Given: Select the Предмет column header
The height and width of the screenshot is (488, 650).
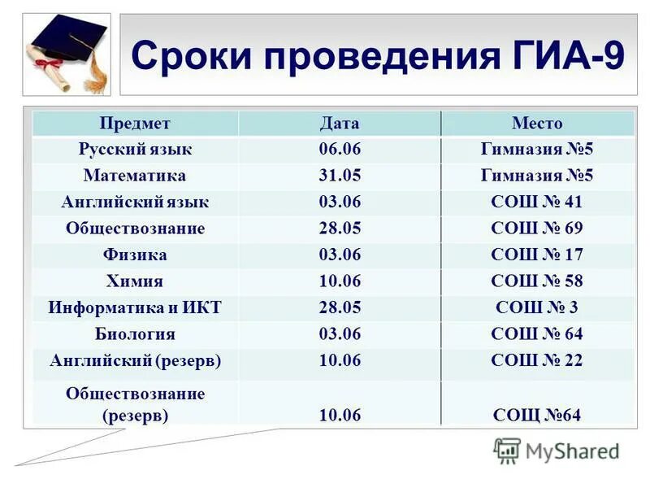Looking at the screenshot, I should coord(135,124).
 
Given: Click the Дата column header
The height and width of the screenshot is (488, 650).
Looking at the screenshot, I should coord(340,124).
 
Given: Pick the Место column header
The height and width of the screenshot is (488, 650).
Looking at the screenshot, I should coord(537,124).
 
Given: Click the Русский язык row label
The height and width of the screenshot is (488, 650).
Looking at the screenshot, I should coord(135,150).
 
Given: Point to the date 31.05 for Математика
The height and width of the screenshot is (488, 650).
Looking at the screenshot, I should coord(340,176).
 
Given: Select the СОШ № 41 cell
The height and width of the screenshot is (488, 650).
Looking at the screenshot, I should coord(537,203).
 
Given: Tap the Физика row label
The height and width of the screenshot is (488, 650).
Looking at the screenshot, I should coord(135,255).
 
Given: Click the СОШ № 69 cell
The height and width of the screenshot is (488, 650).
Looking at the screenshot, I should coord(537,229).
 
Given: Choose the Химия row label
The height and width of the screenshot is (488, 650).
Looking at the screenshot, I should coord(135,281).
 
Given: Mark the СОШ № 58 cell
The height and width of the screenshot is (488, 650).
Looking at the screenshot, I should coord(537,281).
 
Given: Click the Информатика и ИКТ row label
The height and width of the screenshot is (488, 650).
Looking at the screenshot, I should coord(135,308).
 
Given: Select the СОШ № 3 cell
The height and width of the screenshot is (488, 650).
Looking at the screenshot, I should coord(537,308).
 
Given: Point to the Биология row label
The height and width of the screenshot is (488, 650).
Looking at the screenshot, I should coord(135,334).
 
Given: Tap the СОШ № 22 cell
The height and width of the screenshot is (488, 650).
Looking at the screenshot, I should coord(537,360).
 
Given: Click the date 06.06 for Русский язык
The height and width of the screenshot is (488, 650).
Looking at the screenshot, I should coord(340,150).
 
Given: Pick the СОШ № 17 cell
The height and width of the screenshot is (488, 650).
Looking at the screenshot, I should coord(537,255).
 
